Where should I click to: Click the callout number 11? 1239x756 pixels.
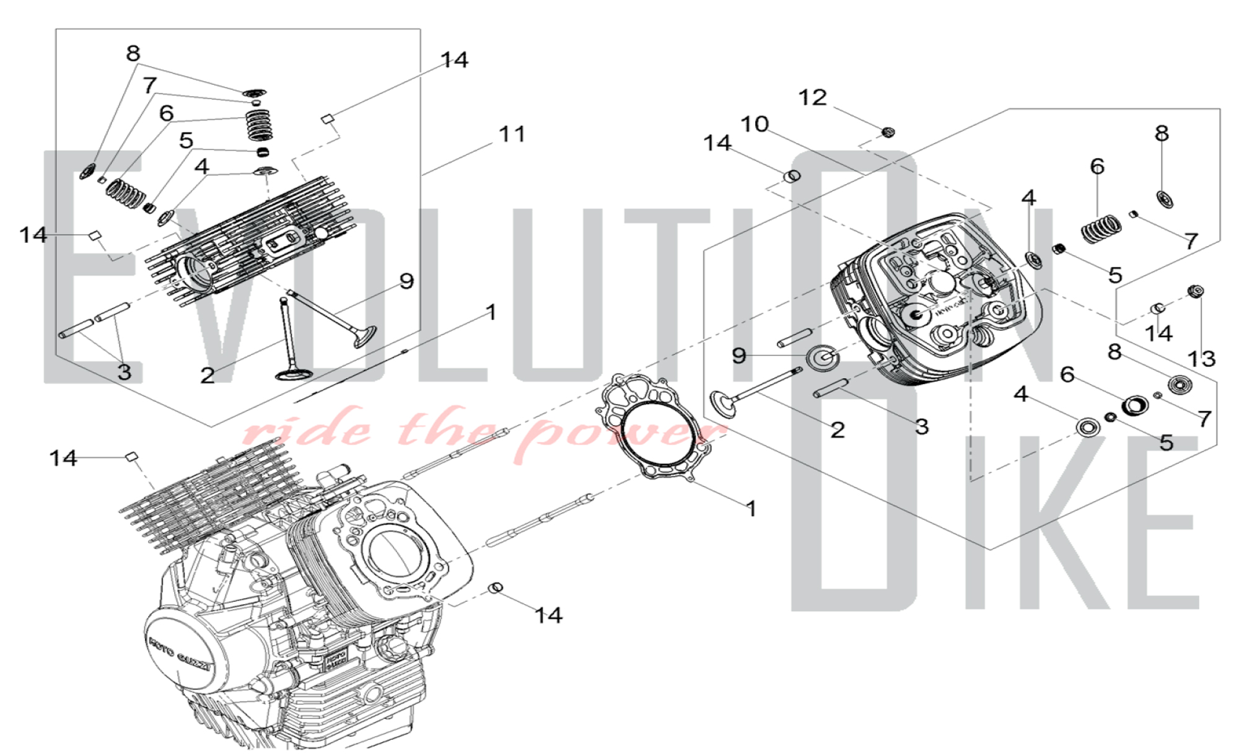click(512, 134)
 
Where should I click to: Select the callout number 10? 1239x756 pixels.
click(755, 124)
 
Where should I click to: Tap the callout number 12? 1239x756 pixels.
click(812, 97)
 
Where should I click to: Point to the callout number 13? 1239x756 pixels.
click(1201, 358)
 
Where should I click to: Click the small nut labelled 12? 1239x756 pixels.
click(888, 131)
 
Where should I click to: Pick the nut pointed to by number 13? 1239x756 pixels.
click(1196, 291)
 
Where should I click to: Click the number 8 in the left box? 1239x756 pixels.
click(133, 53)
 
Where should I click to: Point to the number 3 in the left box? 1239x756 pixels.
click(125, 372)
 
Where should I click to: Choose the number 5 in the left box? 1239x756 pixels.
click(186, 141)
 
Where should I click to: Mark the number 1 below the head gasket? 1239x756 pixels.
click(751, 509)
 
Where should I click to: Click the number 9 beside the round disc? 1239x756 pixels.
click(738, 356)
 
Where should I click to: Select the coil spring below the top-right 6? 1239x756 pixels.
click(1101, 229)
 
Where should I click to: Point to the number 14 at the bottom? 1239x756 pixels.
click(548, 615)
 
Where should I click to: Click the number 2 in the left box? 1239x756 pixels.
click(207, 375)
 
